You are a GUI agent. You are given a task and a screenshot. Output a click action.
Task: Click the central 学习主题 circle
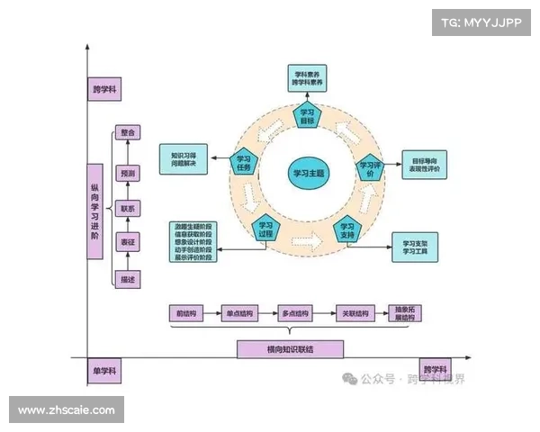point(307,171)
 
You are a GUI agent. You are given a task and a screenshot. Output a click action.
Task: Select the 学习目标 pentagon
point(307,116)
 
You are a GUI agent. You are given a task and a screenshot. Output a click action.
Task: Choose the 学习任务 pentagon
point(245,163)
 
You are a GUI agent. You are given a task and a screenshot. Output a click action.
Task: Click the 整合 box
point(127,132)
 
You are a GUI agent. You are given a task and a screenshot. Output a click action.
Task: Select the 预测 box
point(127,173)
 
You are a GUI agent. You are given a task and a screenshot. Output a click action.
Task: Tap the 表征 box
point(127,242)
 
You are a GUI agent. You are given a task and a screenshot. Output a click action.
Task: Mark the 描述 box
point(127,281)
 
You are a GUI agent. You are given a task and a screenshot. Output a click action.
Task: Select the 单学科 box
point(104,371)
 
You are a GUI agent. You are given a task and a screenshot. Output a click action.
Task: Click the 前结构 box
point(185,313)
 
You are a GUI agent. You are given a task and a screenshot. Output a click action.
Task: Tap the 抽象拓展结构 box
point(405,313)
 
